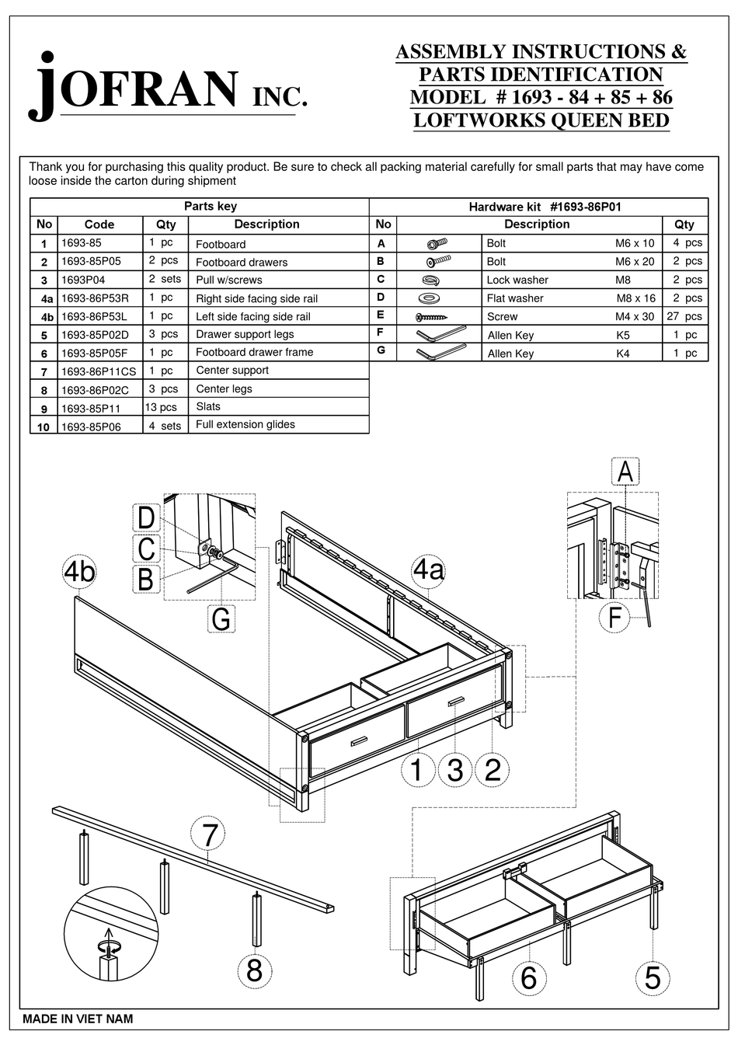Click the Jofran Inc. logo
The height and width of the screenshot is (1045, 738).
click(x=167, y=87)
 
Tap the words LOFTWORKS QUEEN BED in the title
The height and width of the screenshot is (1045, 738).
click(x=541, y=120)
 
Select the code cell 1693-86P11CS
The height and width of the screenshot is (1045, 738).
click(x=99, y=371)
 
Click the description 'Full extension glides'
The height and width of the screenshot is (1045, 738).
click(x=245, y=424)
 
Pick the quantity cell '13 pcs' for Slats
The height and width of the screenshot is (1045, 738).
click(x=161, y=407)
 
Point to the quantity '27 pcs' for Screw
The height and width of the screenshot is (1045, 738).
click(x=684, y=316)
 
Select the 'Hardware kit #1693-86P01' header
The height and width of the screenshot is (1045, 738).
click(x=545, y=207)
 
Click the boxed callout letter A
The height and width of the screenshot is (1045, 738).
click(x=625, y=472)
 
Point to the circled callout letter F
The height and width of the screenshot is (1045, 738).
click(x=614, y=618)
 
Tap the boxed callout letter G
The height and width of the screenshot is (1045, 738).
click(x=221, y=619)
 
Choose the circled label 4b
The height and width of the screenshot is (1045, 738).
click(x=79, y=572)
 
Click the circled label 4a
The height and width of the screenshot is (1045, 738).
click(x=428, y=570)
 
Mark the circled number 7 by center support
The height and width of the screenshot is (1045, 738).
click(x=209, y=835)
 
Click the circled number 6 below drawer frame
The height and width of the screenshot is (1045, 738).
click(x=528, y=977)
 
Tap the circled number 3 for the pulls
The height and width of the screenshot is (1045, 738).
click(x=455, y=769)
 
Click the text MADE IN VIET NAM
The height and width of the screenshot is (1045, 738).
click(x=78, y=1019)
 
